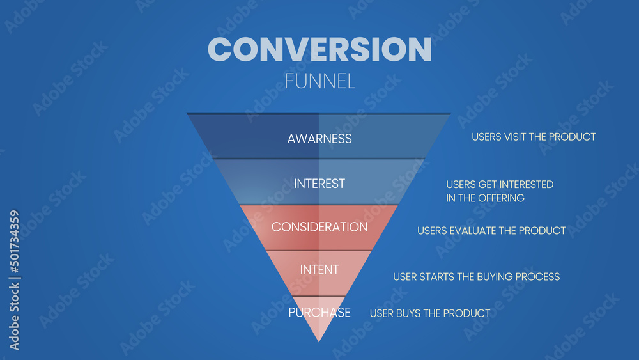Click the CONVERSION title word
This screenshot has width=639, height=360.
click(x=319, y=49)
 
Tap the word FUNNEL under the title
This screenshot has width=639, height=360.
click(x=319, y=82)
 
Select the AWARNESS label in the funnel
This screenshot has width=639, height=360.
click(x=319, y=138)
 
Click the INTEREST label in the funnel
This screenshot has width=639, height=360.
click(x=319, y=184)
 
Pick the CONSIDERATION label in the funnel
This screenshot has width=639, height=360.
click(x=319, y=227)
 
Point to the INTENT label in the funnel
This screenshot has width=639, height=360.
click(x=319, y=270)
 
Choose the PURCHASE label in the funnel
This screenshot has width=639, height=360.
click(x=319, y=313)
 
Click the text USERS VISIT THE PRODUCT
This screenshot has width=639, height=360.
click(x=534, y=137)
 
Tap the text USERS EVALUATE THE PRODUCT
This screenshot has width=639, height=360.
click(x=491, y=230)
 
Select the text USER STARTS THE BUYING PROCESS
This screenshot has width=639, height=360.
click(x=476, y=277)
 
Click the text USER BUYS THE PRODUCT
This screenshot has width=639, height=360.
click(x=430, y=313)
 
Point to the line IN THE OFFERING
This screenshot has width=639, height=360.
click(x=485, y=198)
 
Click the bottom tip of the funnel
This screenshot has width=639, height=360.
click(x=319, y=340)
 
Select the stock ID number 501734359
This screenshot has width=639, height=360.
click(x=15, y=244)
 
